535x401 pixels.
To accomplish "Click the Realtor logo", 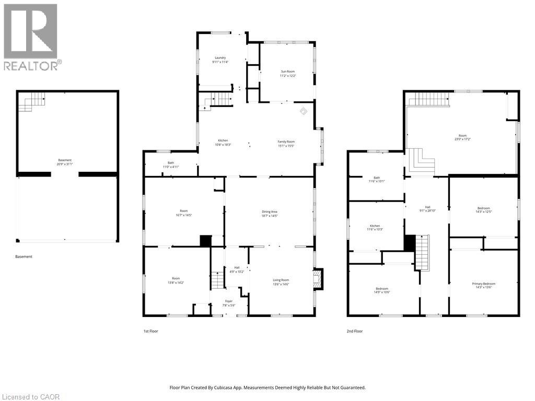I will coord(32,37).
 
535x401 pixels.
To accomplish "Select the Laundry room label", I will coord(220,57).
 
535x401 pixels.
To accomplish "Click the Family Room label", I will coord(286,141).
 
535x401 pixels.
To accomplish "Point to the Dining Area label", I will coord(270,211).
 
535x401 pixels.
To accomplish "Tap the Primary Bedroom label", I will coord(484,284).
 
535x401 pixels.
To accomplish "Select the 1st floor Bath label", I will coord(171,163).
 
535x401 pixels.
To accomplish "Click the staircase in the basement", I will coord(32,101).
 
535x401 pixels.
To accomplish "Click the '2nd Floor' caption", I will coord(355,331).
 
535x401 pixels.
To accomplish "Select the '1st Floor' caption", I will coord(150,331).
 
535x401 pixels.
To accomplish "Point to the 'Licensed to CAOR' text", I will coord(30,397).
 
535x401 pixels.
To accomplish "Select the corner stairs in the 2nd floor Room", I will coord(422,161).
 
